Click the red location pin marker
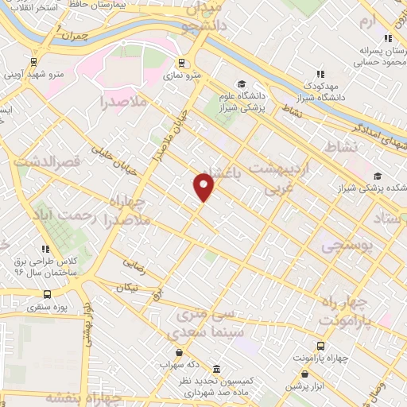(x=204, y=186)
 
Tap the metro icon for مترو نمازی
(x=182, y=63)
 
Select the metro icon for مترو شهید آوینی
(x=34, y=60)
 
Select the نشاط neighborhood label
(x=343, y=147)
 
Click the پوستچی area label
(x=347, y=247)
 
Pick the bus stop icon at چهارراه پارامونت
(x=320, y=346)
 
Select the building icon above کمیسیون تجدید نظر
(x=215, y=370)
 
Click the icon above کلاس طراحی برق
(x=45, y=249)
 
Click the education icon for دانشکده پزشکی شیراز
(x=377, y=176)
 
